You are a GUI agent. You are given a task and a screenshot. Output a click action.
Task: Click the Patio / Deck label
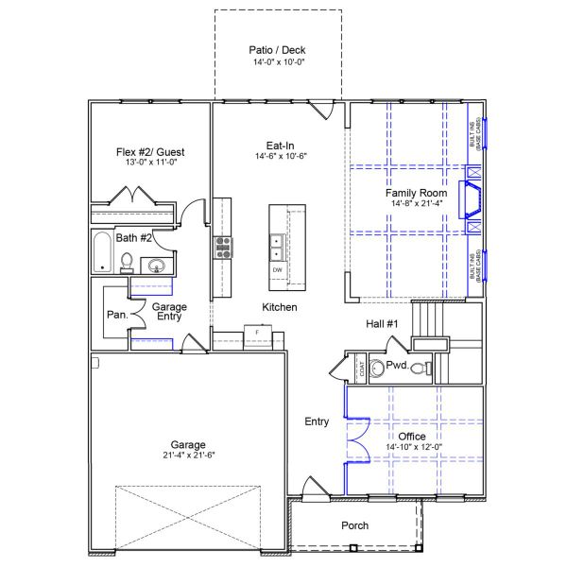[x=277, y=50]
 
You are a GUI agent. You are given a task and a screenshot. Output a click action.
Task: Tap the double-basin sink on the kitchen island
[x=276, y=247]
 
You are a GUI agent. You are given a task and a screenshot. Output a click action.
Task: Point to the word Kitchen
[x=280, y=308]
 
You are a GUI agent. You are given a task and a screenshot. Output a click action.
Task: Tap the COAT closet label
[x=360, y=368]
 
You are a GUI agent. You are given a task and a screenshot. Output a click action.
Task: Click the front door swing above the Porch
[x=312, y=490]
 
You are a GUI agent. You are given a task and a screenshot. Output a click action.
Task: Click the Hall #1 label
[x=383, y=324]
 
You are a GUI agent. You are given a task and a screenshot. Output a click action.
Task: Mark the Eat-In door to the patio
[x=322, y=110]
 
